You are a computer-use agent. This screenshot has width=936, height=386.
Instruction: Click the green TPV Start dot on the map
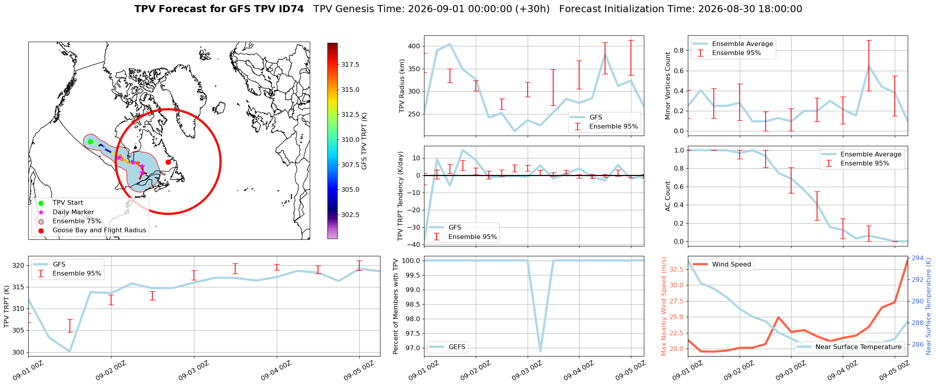click(x=90, y=142)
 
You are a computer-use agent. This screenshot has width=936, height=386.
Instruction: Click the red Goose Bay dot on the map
click(x=168, y=162)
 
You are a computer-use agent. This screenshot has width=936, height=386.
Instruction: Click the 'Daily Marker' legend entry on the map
click(x=73, y=212)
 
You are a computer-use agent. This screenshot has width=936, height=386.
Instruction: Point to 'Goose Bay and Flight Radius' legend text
click(x=99, y=230)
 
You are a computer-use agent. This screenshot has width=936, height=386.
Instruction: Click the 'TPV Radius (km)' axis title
click(x=402, y=86)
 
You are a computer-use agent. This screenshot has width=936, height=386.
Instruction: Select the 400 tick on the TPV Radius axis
click(x=415, y=46)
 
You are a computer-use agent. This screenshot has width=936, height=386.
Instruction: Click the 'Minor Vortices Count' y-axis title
click(x=667, y=86)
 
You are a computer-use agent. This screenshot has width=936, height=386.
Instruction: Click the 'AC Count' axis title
click(x=667, y=196)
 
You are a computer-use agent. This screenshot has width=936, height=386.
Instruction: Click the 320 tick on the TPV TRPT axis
click(x=19, y=265)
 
